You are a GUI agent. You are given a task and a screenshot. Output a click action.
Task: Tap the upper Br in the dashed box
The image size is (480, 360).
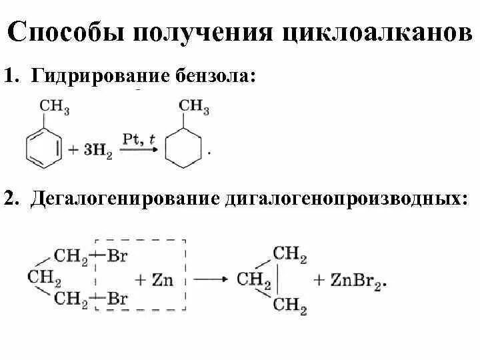coord(117,255)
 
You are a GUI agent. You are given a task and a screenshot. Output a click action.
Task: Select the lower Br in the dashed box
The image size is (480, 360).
coord(117,298)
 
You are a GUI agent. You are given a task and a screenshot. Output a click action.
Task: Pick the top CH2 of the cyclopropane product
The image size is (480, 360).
coord(289,254)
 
